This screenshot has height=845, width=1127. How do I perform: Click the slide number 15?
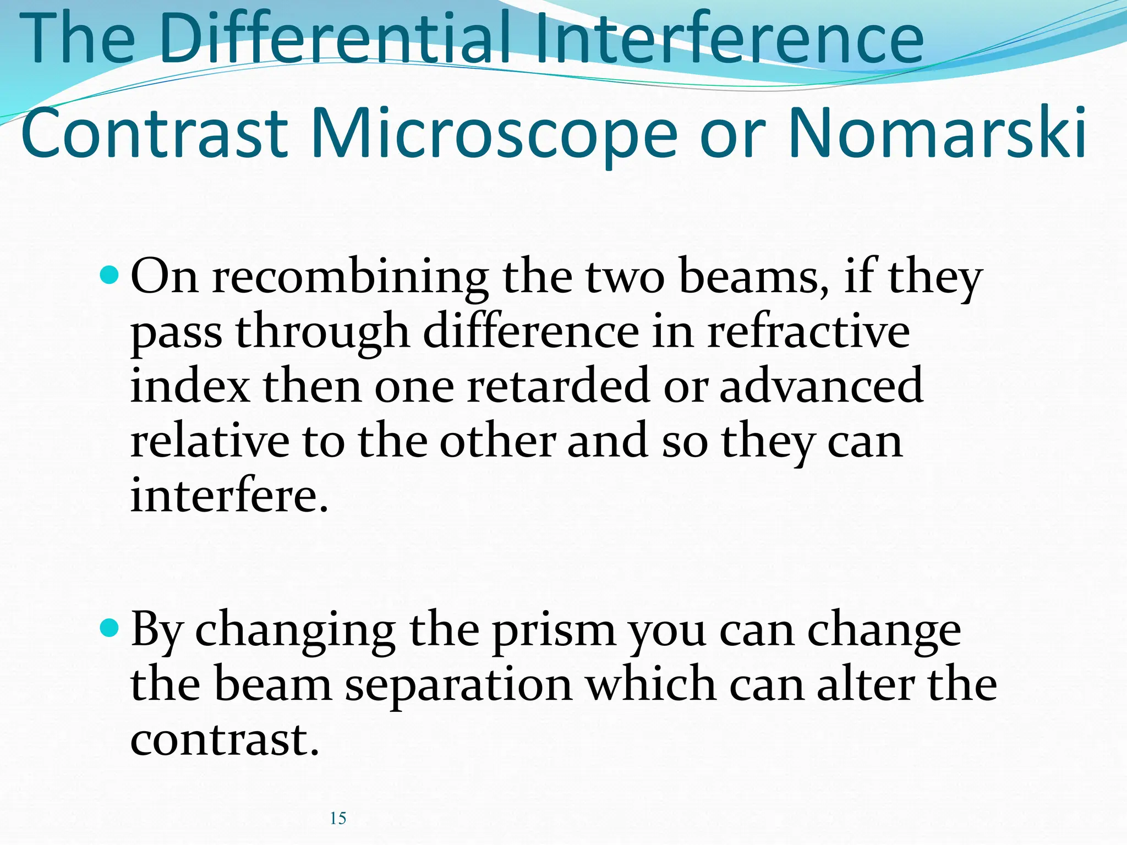click(338, 818)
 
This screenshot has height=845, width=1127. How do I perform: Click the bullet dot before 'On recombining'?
click(110, 273)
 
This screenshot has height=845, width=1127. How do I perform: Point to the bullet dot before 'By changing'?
click(110, 627)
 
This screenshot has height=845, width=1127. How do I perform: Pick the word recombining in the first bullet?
click(351, 278)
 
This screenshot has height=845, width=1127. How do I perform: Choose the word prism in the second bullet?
click(554, 632)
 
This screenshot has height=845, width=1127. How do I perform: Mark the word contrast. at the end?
click(225, 740)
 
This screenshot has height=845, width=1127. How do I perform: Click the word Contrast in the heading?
click(155, 133)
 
